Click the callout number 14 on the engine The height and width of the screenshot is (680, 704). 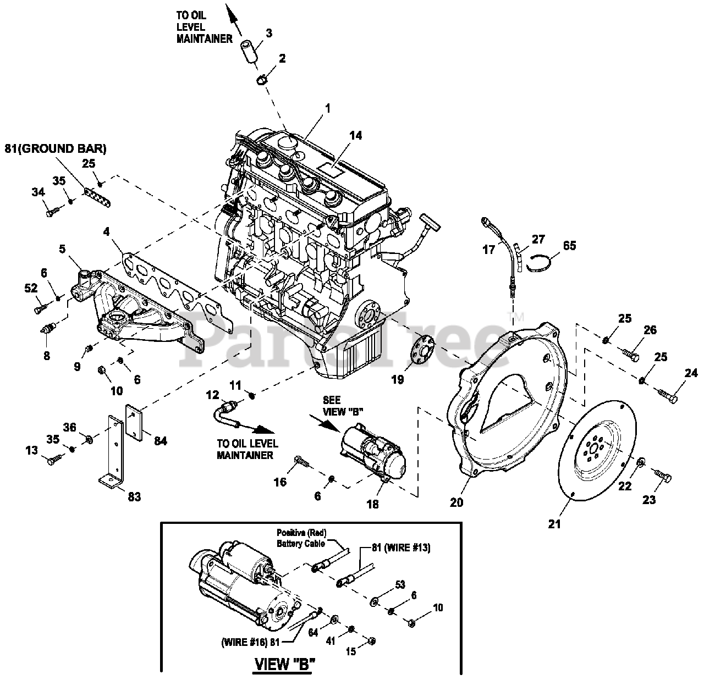(356, 135)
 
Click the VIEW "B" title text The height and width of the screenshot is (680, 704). (284, 664)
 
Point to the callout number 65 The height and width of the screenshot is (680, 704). (570, 245)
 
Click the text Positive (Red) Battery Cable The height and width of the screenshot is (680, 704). (300, 538)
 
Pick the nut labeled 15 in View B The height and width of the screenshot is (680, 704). (371, 641)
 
